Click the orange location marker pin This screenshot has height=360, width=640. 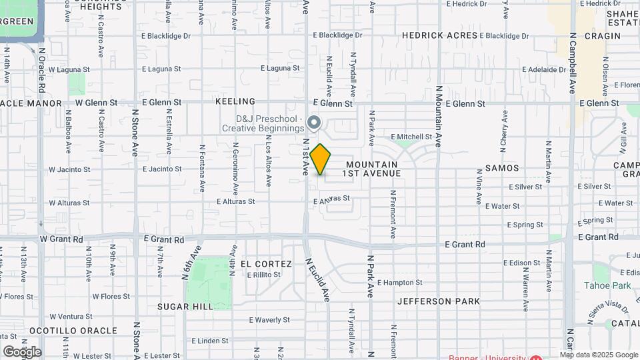[x=321, y=159]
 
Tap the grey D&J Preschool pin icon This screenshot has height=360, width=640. [x=315, y=123]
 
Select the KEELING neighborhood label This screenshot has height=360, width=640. [x=235, y=101]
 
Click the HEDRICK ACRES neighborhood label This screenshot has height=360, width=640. [x=440, y=35]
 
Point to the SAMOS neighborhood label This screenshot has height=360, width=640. [x=502, y=168]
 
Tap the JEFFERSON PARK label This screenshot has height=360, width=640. [x=439, y=301]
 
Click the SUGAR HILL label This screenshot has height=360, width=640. [x=185, y=306]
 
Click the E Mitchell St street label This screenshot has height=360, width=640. [x=411, y=137]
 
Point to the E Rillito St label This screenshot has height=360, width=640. [x=264, y=275]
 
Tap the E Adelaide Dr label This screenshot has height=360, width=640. [x=544, y=69]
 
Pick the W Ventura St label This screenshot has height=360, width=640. [x=70, y=316]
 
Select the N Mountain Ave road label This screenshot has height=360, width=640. [x=439, y=120]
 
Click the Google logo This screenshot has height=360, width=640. [x=21, y=351]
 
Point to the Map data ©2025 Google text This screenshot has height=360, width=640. [x=598, y=355]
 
